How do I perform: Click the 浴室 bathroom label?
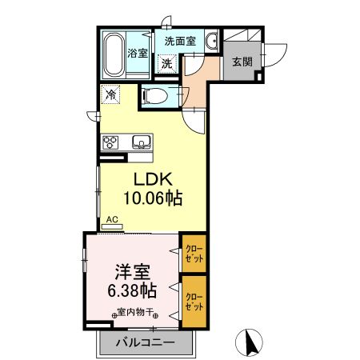138,54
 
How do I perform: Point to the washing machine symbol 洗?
167,63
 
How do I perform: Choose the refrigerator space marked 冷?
111,94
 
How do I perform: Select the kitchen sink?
141,143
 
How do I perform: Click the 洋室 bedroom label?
127,270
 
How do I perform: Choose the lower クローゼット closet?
194,301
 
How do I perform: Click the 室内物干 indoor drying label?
134,313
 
